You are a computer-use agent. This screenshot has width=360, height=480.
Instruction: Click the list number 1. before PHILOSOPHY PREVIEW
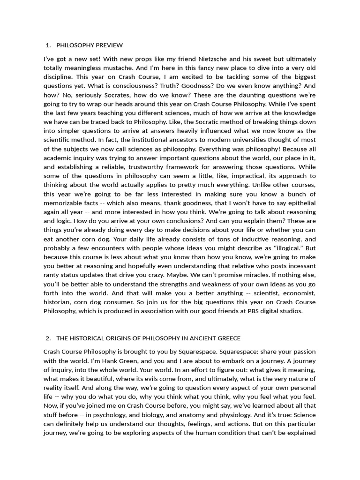point(48,45)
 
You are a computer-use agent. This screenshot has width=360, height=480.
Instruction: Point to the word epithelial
point(299,202)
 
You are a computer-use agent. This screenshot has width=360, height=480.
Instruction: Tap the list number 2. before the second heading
point(48,338)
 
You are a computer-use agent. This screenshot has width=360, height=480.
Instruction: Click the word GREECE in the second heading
point(228,338)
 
